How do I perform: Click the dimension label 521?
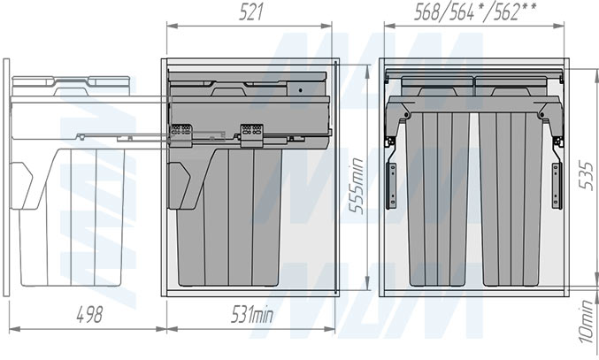[x=251, y=12]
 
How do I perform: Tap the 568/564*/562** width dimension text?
[x=475, y=12]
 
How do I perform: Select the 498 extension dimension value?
[x=89, y=315]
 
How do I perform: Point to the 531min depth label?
[x=252, y=315]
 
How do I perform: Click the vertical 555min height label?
[x=356, y=186]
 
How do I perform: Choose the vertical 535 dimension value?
[x=585, y=176]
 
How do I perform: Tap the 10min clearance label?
[x=587, y=321]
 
